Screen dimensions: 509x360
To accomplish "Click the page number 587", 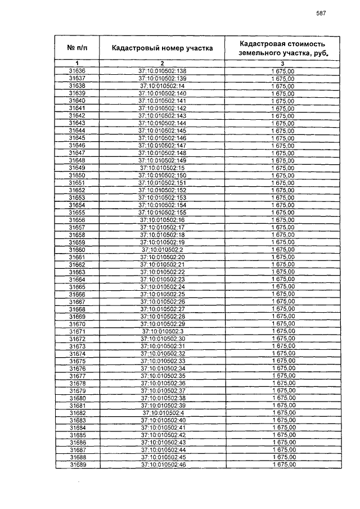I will (x=321, y=13).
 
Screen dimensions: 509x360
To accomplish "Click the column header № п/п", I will (x=76, y=48).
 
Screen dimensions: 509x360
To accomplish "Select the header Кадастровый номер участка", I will (x=162, y=48).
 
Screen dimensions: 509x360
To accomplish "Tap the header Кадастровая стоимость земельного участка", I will (x=283, y=48).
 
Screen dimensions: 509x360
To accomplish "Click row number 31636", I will (x=76, y=71).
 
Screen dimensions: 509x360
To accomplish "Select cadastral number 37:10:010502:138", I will (x=162, y=71).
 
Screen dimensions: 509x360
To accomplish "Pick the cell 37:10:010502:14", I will (x=162, y=85).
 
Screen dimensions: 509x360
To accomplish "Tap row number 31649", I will (x=76, y=168).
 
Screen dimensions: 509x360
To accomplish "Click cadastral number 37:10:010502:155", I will (x=162, y=213).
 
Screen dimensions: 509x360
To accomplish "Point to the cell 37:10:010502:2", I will (x=162, y=250).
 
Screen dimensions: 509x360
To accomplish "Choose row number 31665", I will (x=76, y=287).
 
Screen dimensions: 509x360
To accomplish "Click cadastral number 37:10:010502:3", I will (x=162, y=331).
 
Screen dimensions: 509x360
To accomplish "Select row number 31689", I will (x=76, y=465).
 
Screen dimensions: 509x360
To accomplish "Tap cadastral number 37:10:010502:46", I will (x=162, y=465).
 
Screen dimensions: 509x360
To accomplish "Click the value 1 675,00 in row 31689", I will (x=283, y=465).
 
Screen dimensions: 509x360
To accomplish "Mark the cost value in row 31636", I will (x=283, y=71).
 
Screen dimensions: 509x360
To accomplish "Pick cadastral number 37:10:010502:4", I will (x=162, y=413).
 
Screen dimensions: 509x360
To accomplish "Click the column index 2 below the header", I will (x=162, y=63).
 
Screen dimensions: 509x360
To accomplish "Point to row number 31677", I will (x=76, y=376).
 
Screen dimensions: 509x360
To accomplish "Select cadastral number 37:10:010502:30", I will (x=162, y=339).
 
